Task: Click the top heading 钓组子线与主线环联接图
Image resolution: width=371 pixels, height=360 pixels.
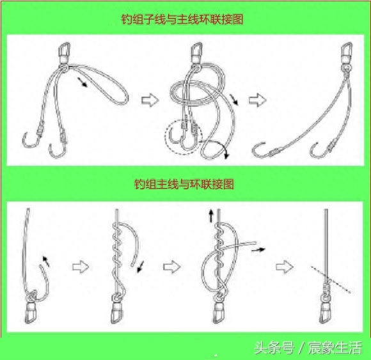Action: click(x=182, y=19)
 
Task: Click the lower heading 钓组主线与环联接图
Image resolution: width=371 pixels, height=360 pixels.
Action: click(x=184, y=184)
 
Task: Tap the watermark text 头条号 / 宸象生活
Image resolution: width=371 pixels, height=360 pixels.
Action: click(x=308, y=348)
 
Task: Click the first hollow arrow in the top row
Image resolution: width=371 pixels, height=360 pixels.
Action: click(x=150, y=100)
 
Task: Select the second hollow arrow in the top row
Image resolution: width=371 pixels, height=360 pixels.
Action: click(x=257, y=100)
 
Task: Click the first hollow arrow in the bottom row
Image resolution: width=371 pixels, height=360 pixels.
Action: click(x=81, y=267)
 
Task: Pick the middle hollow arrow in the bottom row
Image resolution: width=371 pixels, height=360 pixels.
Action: click(x=172, y=267)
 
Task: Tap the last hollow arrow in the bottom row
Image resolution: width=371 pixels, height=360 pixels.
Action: click(x=285, y=267)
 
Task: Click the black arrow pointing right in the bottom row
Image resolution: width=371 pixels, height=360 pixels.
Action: click(x=258, y=249)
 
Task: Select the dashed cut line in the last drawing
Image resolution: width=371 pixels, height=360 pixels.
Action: click(x=330, y=279)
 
